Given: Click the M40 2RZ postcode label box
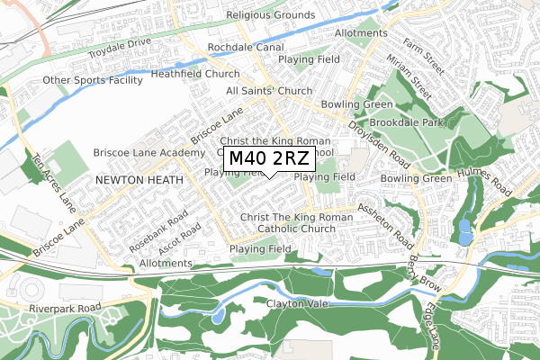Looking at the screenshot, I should [269, 159].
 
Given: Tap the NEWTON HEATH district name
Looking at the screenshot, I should [139, 180].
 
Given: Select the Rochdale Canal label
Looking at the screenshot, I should [245, 47].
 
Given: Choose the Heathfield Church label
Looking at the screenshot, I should [195, 75].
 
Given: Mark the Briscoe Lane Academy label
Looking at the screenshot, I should [149, 153].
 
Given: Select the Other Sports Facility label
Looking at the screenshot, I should [93, 80].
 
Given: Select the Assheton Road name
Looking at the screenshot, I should [384, 225].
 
